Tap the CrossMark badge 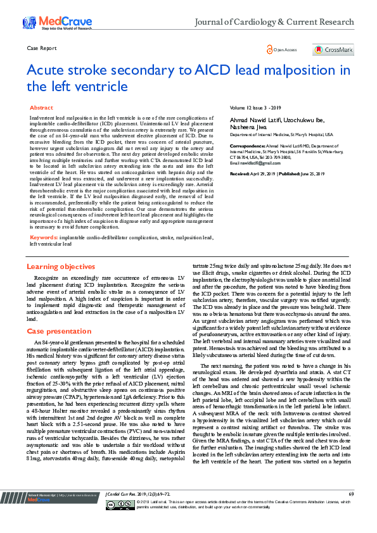[333, 49]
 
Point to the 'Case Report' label [42, 48]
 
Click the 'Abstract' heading [41, 108]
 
